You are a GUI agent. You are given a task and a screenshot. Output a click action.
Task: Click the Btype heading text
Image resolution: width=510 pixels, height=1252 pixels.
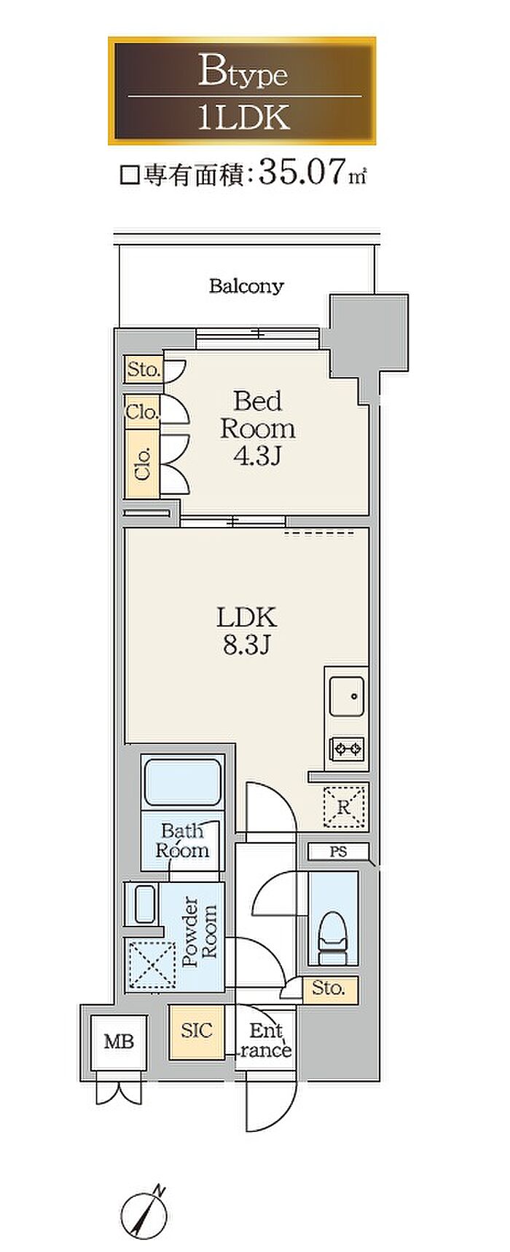click(x=243, y=73)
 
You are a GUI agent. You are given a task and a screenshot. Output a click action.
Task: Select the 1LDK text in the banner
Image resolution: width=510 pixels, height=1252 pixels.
click(x=244, y=117)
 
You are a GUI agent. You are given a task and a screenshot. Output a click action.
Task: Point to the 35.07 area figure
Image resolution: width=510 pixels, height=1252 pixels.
click(x=301, y=173)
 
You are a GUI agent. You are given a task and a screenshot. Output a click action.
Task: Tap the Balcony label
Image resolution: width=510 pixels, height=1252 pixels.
click(x=246, y=285)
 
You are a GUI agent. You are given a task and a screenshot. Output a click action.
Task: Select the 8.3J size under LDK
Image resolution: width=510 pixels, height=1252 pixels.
click(x=246, y=645)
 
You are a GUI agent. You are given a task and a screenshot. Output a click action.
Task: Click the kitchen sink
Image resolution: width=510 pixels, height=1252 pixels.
click(x=346, y=697)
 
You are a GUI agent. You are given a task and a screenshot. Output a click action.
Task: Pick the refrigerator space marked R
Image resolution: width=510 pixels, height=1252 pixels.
click(x=344, y=806)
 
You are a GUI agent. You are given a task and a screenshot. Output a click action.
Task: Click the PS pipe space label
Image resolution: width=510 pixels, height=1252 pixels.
click(x=338, y=851)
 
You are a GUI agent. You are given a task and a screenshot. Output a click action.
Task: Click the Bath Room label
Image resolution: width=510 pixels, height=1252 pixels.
click(x=182, y=841)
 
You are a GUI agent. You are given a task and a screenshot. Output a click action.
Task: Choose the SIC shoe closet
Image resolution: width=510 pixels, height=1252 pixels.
click(x=197, y=1031)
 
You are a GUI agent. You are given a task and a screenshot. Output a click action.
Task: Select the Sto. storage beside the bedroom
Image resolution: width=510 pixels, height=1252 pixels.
click(x=143, y=369)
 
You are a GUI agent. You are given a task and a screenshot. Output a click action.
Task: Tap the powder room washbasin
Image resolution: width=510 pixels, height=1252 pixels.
click(x=144, y=905)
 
